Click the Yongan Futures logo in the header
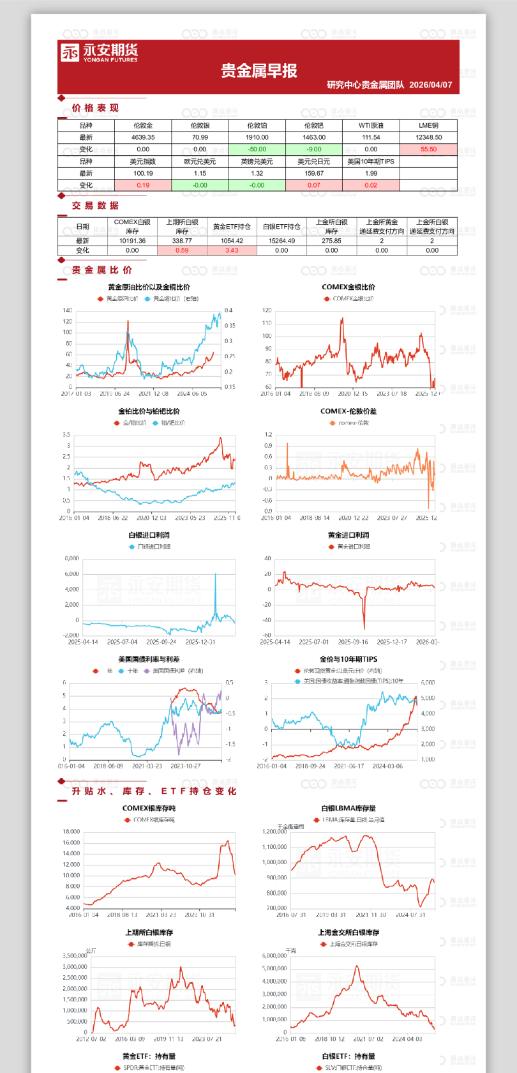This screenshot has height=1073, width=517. click(x=99, y=52)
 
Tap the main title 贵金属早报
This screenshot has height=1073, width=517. click(x=259, y=71)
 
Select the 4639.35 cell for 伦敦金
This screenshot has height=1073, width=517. click(x=143, y=137)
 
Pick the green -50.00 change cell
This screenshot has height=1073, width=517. click(x=257, y=149)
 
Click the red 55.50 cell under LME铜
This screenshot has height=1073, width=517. click(x=428, y=149)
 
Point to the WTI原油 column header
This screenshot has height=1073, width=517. click(x=371, y=126)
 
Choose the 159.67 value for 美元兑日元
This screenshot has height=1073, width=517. click(x=314, y=173)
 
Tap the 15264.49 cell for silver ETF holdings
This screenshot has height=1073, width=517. click(x=281, y=241)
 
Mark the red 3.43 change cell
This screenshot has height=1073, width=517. click(x=232, y=250)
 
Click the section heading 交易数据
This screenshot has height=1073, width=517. click(x=95, y=206)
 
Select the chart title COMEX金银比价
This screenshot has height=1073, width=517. click(x=348, y=287)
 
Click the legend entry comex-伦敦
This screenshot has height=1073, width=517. click(x=353, y=423)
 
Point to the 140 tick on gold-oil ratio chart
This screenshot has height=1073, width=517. click(x=68, y=310)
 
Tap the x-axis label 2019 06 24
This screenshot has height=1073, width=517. click(x=114, y=394)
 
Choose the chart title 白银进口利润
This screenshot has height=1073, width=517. click(x=149, y=535)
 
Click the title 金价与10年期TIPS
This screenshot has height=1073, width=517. click(x=348, y=659)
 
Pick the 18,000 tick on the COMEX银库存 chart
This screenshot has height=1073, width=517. click(x=71, y=832)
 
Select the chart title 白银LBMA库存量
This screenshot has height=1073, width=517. click(x=348, y=808)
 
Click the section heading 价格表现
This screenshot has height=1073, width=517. click(x=95, y=108)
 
